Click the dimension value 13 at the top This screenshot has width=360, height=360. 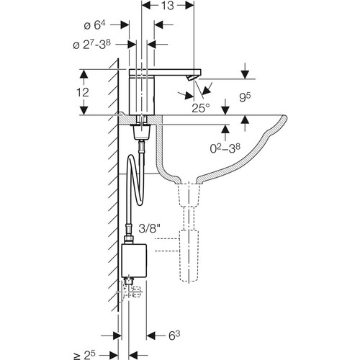[168, 6]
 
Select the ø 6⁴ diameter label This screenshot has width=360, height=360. [94, 25]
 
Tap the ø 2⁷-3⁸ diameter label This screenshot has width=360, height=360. [91, 45]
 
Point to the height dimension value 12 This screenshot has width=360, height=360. [83, 92]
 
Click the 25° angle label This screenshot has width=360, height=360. [201, 108]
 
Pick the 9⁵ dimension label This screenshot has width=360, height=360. [245, 97]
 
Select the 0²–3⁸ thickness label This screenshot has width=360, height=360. [225, 148]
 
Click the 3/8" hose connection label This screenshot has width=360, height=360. [149, 229]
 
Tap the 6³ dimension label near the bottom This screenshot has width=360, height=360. [174, 336]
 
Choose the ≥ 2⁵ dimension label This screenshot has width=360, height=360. [84, 355]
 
